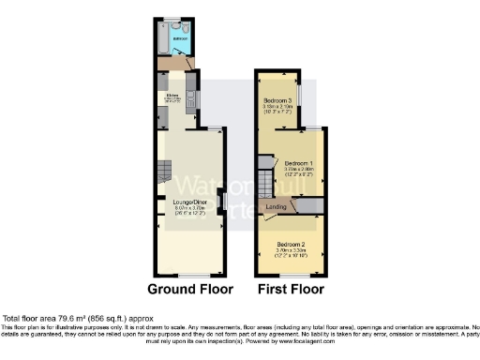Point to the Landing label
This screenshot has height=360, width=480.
[x=276, y=207]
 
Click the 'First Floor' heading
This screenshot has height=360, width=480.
[x=292, y=289]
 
